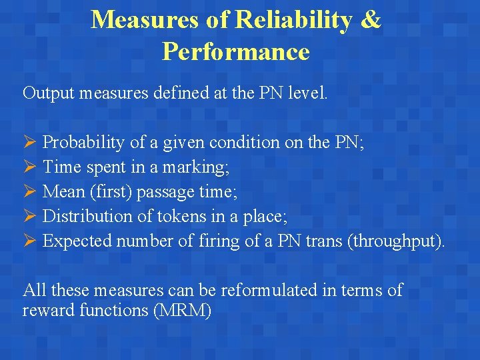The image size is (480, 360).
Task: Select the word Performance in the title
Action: [235, 51]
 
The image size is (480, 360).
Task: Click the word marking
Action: [202, 167]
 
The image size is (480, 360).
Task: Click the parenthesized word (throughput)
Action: [395, 241]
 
